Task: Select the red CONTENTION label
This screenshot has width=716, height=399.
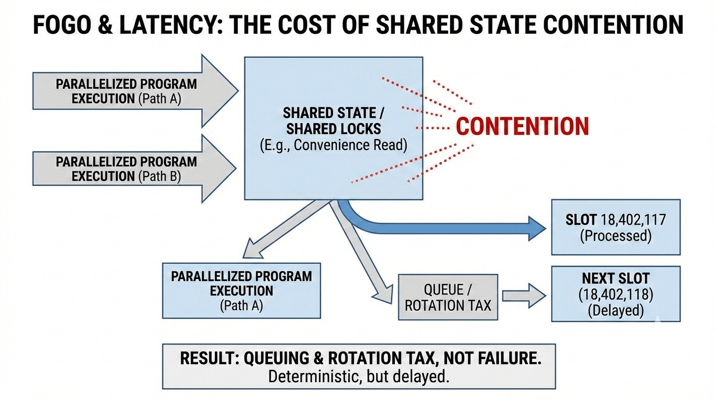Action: click(x=522, y=127)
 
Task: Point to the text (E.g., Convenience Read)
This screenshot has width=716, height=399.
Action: click(x=333, y=145)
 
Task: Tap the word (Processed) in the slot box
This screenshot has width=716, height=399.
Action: click(x=616, y=236)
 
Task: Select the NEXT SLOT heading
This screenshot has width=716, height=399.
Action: click(x=616, y=278)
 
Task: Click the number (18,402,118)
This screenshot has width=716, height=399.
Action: click(x=616, y=295)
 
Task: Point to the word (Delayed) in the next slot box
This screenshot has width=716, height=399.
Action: click(x=616, y=311)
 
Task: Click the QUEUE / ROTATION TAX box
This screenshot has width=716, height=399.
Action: click(x=448, y=297)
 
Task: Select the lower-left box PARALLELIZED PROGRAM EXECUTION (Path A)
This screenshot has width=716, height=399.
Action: click(x=241, y=290)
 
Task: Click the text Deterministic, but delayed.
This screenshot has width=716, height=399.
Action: click(x=359, y=376)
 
